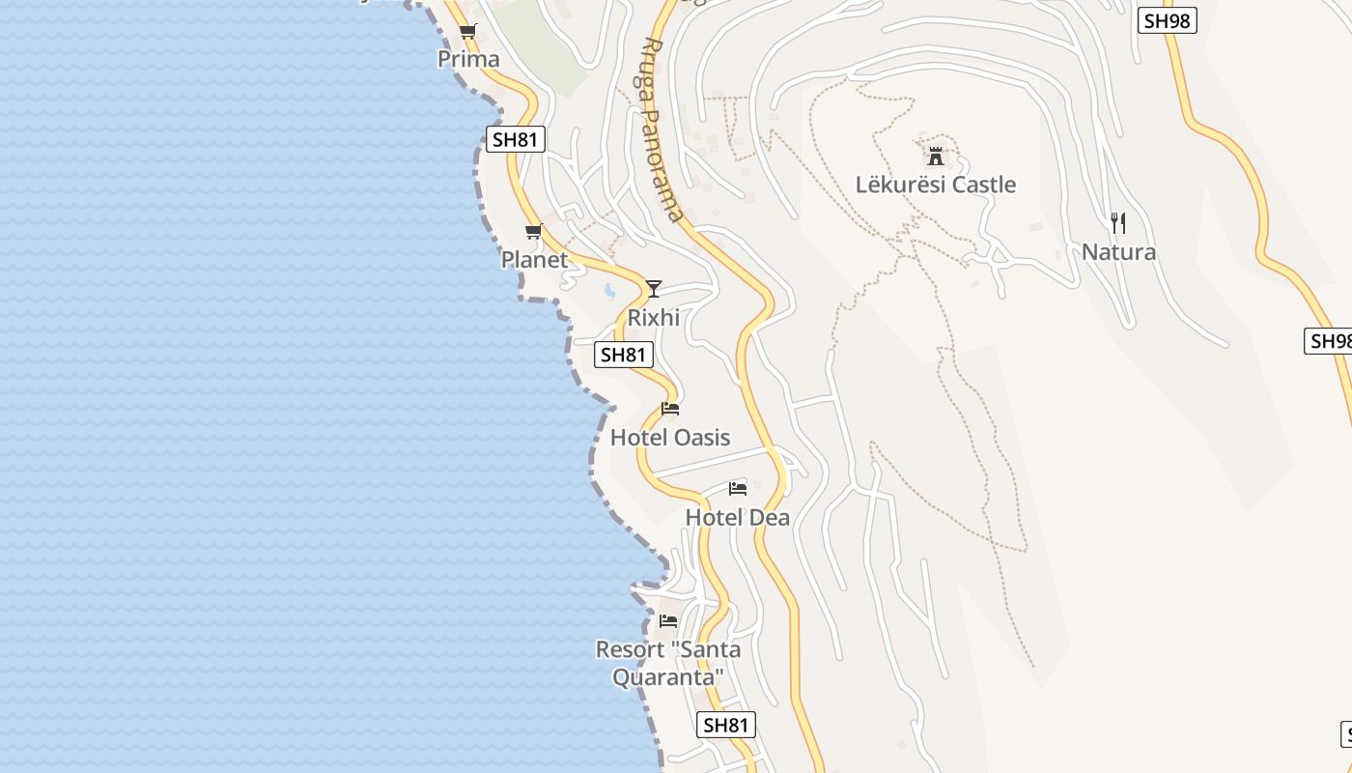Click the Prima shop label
point(468,59)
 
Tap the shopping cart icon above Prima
point(468,32)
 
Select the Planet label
point(534,259)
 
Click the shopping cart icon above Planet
point(533,232)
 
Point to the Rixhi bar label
point(654,317)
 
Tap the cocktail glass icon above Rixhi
point(654,288)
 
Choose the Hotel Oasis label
point(670,437)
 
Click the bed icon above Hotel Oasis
point(670,409)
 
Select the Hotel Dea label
point(737,517)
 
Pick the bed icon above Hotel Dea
point(738,488)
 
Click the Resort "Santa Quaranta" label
point(668,663)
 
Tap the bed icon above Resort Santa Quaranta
point(668,620)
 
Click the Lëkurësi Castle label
point(936,185)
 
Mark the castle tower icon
point(935,155)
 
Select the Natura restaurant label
point(1118,252)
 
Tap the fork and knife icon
point(1118,223)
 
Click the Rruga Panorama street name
point(662,130)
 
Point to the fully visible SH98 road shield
point(1167,21)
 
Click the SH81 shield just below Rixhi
point(622,355)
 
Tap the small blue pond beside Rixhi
point(609,289)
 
